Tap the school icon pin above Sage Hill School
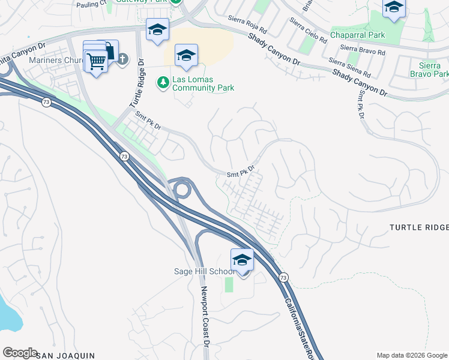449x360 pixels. [242, 260]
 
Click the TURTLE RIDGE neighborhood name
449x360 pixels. [419, 227]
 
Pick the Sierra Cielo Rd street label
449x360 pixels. [308, 31]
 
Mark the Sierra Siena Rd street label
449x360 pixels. [349, 67]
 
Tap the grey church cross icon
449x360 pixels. [122, 59]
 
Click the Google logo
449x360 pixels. [20, 353]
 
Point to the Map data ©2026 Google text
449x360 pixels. [412, 355]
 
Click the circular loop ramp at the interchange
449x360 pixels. [181, 190]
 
